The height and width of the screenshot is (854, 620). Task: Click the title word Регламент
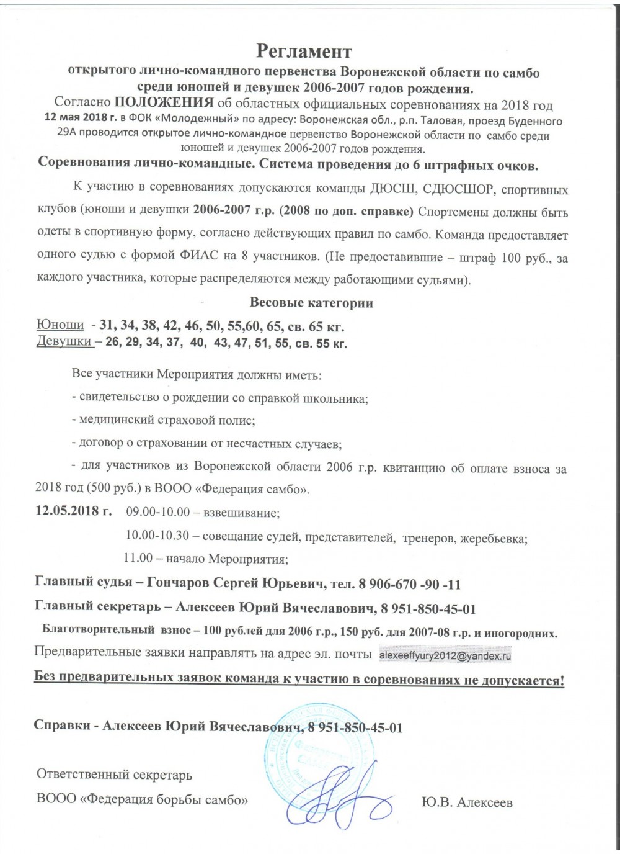[x=304, y=50]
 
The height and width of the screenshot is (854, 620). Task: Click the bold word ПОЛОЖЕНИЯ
[x=164, y=103]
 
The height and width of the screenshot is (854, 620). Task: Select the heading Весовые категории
[x=311, y=303]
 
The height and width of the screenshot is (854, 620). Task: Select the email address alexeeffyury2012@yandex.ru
[x=445, y=654]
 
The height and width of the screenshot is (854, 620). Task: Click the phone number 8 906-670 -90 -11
[x=409, y=584]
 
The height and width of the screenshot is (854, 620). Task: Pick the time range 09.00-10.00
[x=157, y=513]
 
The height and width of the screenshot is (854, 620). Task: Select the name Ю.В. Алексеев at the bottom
[x=466, y=802]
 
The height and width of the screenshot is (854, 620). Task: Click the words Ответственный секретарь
[x=114, y=775]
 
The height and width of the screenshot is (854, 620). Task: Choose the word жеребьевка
[x=493, y=539]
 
